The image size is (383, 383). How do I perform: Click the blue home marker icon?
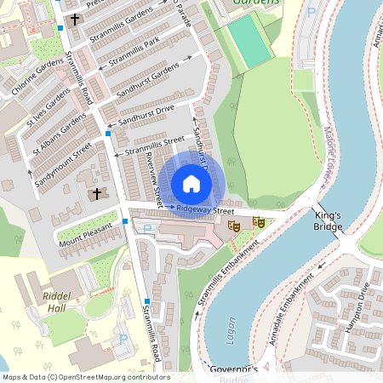click(191, 184)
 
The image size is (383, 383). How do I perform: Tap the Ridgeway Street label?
click(205, 209)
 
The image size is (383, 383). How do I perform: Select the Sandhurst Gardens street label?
click(148, 77)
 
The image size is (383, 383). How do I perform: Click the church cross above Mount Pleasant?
click(96, 194)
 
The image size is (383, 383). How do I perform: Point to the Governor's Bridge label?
click(233, 372)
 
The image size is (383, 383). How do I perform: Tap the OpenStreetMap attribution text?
click(85, 377)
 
